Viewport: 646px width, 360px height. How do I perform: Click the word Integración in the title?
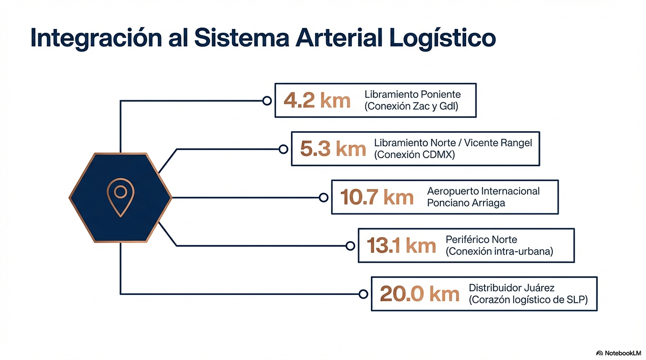pyautogui.click(x=96, y=38)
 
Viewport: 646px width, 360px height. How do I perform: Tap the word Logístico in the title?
pyautogui.click(x=443, y=38)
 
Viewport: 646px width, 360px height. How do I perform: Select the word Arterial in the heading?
pyautogui.click(x=339, y=38)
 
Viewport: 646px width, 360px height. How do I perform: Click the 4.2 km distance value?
pyautogui.click(x=317, y=100)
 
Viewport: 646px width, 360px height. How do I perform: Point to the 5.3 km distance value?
pyautogui.click(x=333, y=149)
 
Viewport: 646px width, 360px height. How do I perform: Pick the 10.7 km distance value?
pyautogui.click(x=377, y=197)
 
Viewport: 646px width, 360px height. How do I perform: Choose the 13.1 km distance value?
pyautogui.click(x=401, y=245)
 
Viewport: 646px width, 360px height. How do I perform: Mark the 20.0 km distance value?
pyautogui.click(x=419, y=294)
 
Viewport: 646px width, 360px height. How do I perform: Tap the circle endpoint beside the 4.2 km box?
pyautogui.click(x=267, y=101)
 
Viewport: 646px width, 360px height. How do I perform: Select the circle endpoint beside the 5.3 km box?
pyautogui.click(x=284, y=149)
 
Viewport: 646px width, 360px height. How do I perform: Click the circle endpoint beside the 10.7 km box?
pyautogui.click(x=324, y=197)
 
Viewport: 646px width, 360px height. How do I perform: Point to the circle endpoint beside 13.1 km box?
pyautogui.click(x=350, y=246)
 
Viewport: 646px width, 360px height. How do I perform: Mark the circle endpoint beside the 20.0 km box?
pyautogui.click(x=363, y=294)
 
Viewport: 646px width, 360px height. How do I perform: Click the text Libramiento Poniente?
pyautogui.click(x=413, y=95)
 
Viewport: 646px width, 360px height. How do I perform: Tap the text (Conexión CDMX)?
pyautogui.click(x=415, y=155)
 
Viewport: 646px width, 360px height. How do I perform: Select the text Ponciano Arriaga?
pyautogui.click(x=466, y=203)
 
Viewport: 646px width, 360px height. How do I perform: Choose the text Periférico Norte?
pyautogui.click(x=481, y=239)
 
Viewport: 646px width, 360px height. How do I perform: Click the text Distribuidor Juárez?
pyautogui.click(x=511, y=288)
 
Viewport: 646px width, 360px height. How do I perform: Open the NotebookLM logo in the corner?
pyautogui.click(x=619, y=353)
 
